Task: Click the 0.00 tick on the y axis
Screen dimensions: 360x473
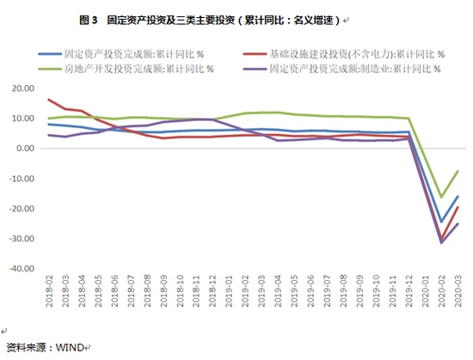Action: [24, 149]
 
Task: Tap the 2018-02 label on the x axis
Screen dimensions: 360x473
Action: [50, 292]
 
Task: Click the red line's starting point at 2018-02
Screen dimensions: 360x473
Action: [49, 100]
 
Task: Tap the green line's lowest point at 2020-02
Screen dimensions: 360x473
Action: [442, 197]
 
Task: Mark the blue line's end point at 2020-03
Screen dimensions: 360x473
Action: [457, 196]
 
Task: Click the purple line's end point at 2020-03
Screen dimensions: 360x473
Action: [457, 223]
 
